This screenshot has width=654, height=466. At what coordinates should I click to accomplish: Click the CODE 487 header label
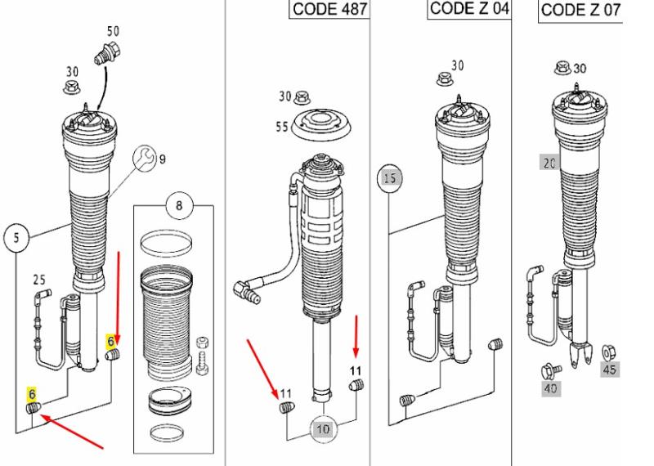(x=329, y=9)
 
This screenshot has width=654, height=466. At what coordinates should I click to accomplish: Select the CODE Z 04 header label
(x=468, y=8)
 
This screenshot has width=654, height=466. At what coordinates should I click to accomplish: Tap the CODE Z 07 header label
(x=581, y=10)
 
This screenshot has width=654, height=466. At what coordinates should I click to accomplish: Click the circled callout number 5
(x=16, y=238)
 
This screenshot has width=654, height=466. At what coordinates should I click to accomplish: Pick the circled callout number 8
(x=179, y=205)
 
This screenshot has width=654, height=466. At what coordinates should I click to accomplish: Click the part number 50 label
(x=113, y=31)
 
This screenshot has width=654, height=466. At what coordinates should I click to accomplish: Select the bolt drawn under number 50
(x=107, y=53)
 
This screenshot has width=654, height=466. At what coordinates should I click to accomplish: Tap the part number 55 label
(x=281, y=126)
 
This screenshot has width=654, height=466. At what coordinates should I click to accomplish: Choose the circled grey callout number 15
(x=390, y=178)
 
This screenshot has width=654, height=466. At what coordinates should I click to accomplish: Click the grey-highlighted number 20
(x=549, y=163)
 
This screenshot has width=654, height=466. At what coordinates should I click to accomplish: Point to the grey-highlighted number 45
(x=609, y=370)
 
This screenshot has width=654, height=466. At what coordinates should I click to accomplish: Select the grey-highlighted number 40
(x=550, y=389)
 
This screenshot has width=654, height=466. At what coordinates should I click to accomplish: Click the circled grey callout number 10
(x=323, y=428)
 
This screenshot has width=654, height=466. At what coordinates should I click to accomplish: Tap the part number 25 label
(x=39, y=280)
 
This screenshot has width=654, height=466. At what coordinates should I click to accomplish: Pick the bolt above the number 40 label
(x=551, y=371)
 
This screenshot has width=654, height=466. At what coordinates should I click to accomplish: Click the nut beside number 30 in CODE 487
(x=300, y=98)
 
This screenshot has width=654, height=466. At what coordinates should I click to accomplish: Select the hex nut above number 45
(x=609, y=352)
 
